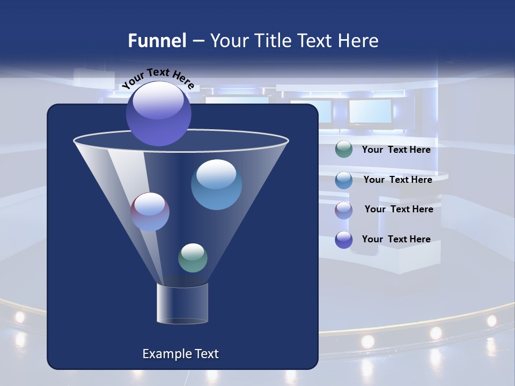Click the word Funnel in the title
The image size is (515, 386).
pos(157,41)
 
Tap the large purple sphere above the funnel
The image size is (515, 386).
pos(158,113)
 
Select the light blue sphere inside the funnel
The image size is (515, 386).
pos(216,184)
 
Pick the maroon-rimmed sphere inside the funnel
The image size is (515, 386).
pos(150,212)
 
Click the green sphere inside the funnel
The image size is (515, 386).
pos(193,258)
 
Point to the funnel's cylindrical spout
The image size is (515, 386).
pos(182,303)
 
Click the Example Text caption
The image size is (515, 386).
pos(180,354)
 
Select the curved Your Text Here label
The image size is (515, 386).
pos(158,78)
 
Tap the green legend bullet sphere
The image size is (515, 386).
pos(344,150)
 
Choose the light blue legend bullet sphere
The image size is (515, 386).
pos(344,180)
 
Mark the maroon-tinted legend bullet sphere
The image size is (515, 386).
pos(344,210)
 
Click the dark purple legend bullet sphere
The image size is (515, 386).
pos(344,240)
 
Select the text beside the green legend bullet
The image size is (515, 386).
pos(396,150)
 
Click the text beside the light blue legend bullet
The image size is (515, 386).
pos(398,180)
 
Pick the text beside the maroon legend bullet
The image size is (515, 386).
pos(399,209)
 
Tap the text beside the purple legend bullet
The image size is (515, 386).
pos(396,239)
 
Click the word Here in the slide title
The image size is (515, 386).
pos(359,41)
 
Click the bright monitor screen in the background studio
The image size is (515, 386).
pos(370,111)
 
